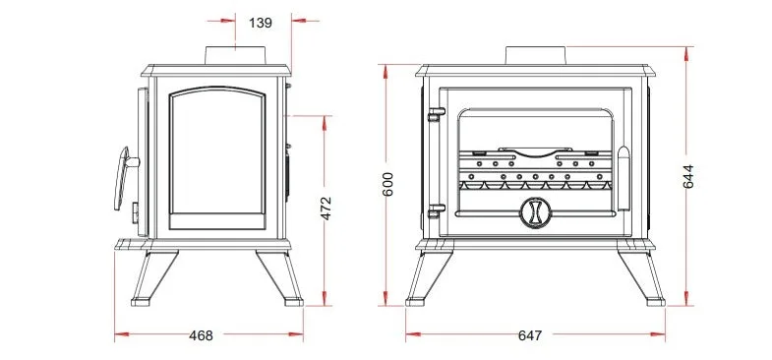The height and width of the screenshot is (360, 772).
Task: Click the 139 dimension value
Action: click(260, 23)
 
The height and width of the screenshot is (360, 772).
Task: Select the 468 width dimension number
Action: click(201, 335)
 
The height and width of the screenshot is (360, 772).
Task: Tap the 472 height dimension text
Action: click(326, 208)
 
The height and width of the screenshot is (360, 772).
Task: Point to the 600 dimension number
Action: click(388, 184)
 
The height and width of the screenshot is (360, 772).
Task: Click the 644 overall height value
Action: click(687, 176)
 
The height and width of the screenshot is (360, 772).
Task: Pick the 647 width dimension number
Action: click(530, 335)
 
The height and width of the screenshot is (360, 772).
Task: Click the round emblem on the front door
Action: click(536, 212)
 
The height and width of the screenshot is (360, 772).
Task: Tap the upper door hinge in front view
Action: click(436, 114)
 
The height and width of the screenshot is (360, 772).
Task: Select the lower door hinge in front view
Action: click(436, 210)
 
